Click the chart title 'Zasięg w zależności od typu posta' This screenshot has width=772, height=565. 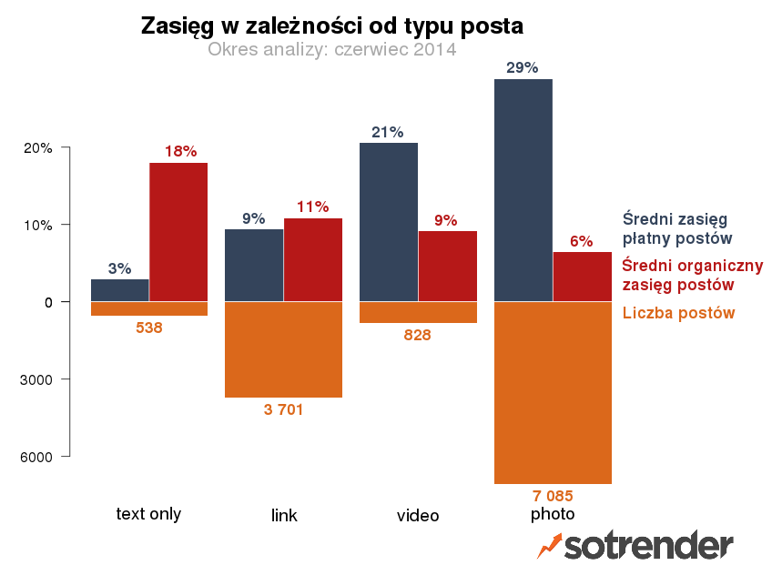(331, 26)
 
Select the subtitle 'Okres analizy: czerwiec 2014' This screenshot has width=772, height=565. (331, 49)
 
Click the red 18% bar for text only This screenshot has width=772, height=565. (178, 231)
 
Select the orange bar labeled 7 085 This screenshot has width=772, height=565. (553, 392)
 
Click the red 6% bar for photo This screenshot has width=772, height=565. (583, 276)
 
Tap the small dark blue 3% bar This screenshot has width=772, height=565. (120, 289)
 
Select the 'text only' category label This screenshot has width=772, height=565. (148, 514)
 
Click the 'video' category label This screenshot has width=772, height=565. (418, 516)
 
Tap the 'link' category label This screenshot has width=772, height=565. (284, 516)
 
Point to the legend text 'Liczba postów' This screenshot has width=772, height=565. (678, 313)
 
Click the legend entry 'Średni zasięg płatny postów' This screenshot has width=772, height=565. (677, 228)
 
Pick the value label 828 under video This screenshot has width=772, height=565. (417, 335)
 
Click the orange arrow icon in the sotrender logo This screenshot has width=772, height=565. (549, 545)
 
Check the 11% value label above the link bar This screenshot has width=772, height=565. (312, 207)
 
